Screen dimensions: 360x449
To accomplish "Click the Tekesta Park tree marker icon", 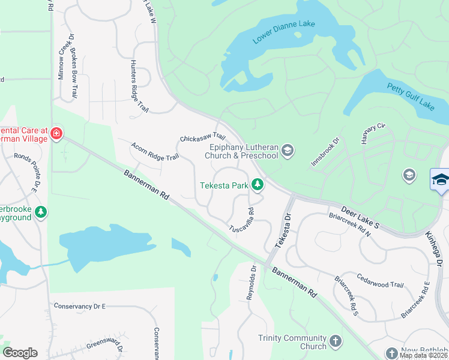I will click(x=258, y=185).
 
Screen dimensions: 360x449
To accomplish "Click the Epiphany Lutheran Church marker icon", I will click(x=288, y=150).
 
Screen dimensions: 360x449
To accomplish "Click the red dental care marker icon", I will click(x=56, y=133).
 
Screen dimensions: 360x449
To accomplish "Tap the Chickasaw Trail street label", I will click(x=202, y=139).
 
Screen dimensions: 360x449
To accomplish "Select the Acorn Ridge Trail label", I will click(x=155, y=151).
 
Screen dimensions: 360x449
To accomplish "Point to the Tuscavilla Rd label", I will click(x=242, y=220).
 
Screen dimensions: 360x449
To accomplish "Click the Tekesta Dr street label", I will click(x=282, y=230).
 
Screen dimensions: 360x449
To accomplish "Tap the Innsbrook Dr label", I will click(x=325, y=152).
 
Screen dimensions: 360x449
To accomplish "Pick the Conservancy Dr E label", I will click(x=79, y=306).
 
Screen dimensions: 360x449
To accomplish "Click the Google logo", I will click(x=20, y=353).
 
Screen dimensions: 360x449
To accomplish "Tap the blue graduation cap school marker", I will click(x=440, y=179).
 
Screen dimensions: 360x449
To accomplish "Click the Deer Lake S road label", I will click(x=360, y=218).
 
